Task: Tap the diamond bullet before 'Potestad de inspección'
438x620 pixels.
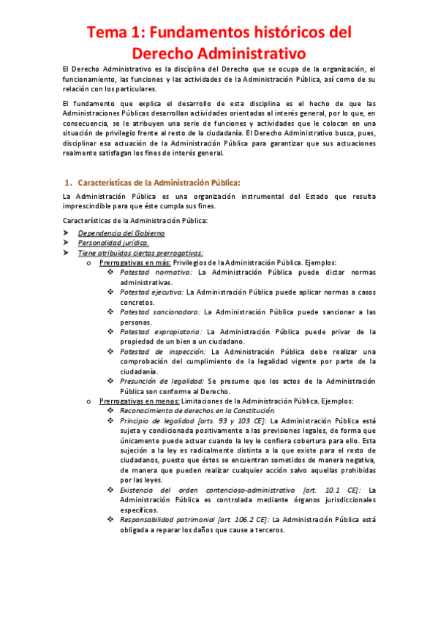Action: [110, 351]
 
